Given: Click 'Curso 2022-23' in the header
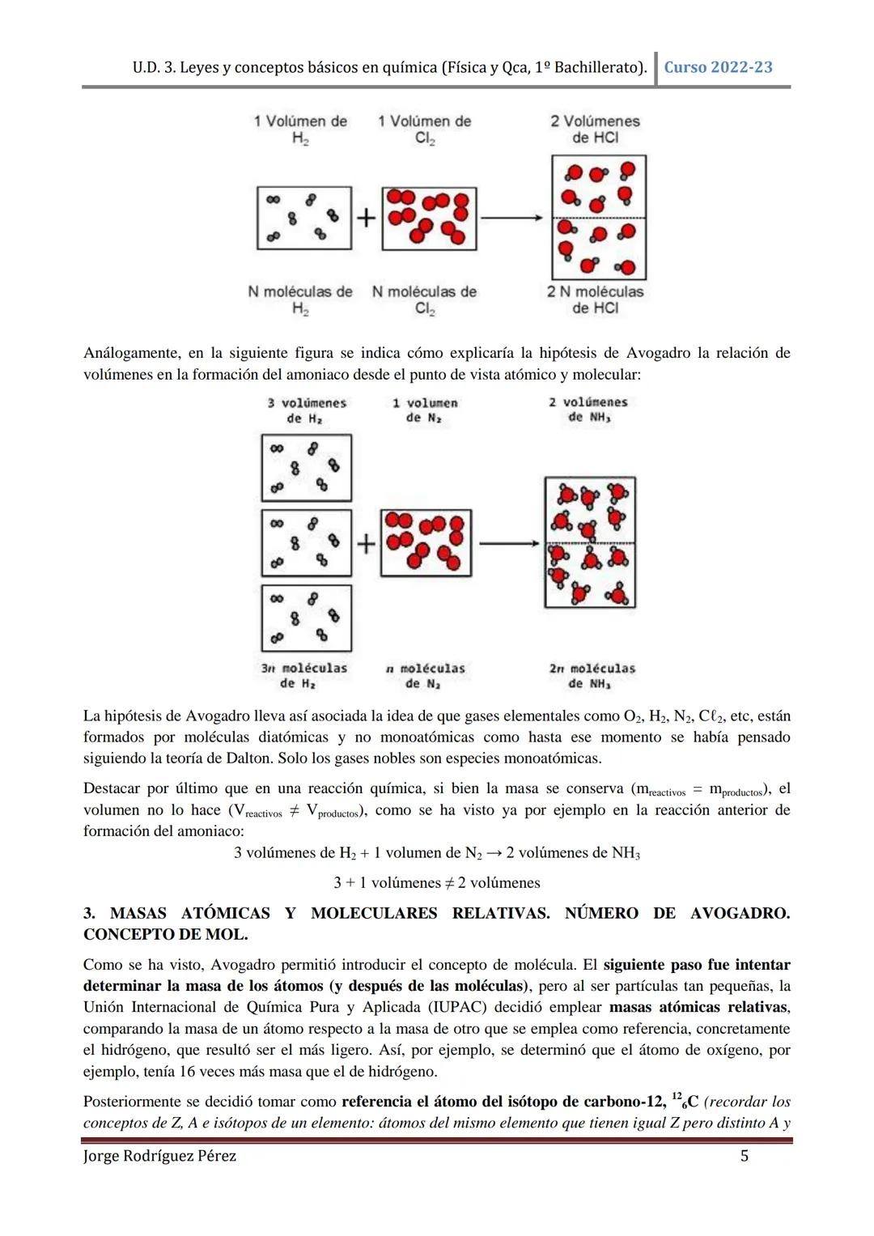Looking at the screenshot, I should (718, 67).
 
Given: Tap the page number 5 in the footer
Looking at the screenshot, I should (745, 1156).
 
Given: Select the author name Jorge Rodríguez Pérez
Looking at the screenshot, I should (160, 1156).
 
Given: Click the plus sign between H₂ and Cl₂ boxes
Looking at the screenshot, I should (367, 218).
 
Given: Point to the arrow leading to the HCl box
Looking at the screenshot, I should (511, 218).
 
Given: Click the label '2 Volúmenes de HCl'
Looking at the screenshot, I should (595, 130).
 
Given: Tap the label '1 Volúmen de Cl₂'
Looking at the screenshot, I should (425, 130).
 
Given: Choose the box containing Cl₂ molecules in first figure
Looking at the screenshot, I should (430, 219).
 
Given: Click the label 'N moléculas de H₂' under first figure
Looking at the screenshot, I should (300, 299).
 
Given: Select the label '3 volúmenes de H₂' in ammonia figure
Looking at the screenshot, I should (307, 410).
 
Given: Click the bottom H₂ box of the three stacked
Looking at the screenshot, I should (307, 618).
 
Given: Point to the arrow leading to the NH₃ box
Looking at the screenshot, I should (508, 543).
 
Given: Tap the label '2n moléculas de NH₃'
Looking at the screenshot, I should (592, 676).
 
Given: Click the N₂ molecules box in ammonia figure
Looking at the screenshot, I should (426, 543).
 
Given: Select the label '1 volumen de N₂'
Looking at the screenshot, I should (425, 410).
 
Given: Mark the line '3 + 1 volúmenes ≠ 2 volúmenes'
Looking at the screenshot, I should (437, 882).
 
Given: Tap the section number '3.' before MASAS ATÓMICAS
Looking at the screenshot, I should (90, 913).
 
